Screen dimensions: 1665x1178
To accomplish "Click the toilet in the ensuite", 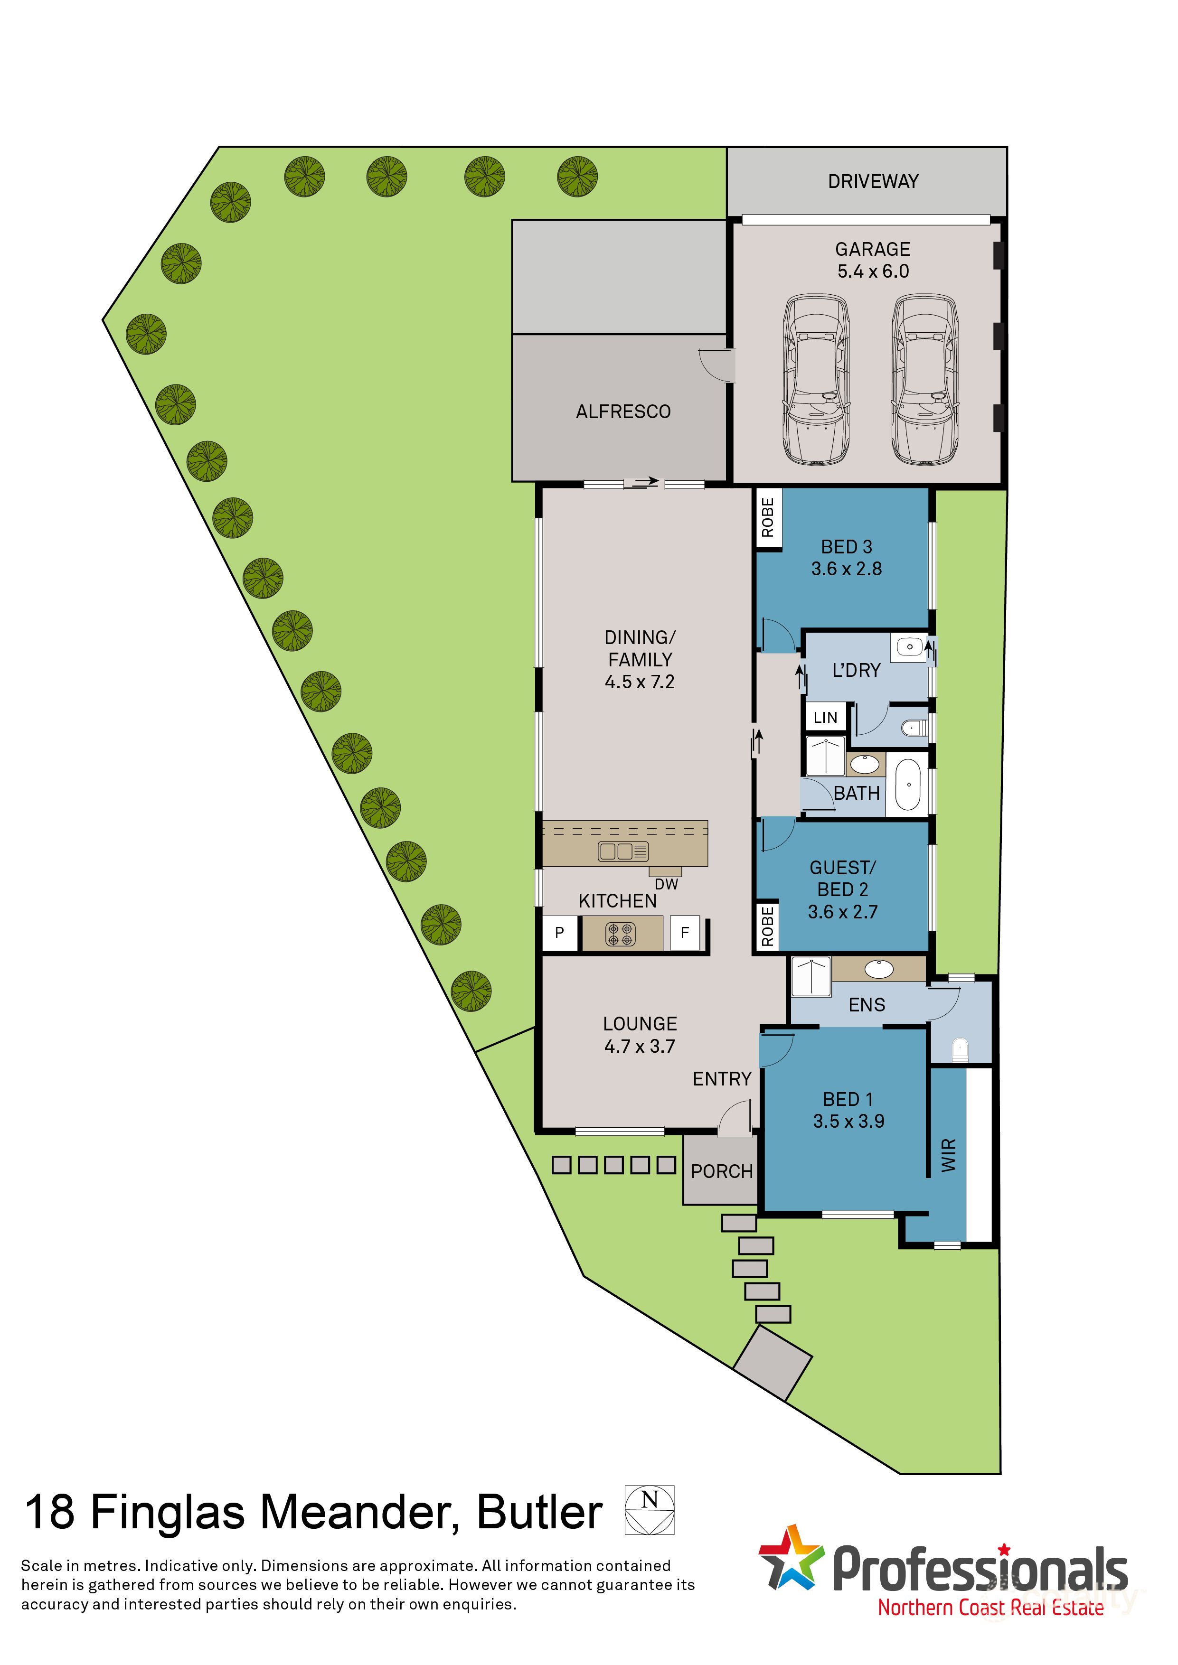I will [x=960, y=1048].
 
